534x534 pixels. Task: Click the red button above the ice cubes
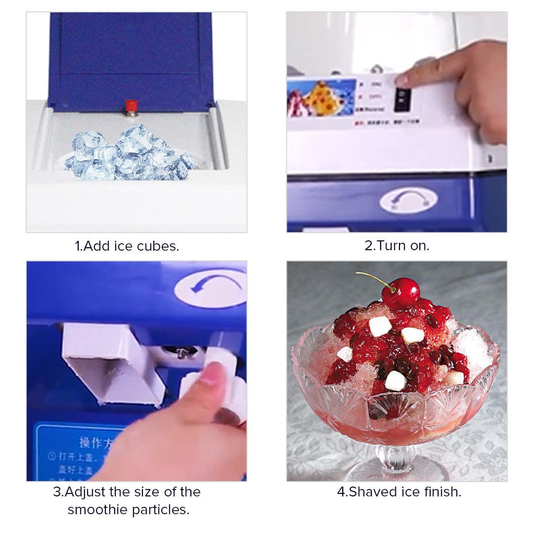[131, 106]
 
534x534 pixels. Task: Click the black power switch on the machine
[402, 99]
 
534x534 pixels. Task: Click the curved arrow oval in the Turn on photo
[408, 200]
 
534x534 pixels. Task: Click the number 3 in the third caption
[56, 492]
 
